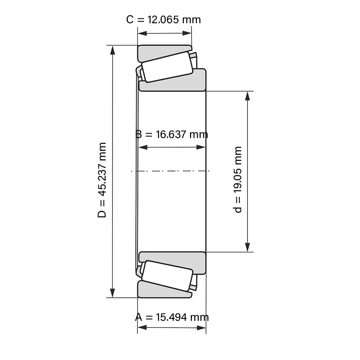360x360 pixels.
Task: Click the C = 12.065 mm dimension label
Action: click(164, 20)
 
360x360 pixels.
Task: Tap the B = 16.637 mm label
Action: click(172, 134)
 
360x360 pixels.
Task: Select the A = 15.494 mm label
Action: click(172, 317)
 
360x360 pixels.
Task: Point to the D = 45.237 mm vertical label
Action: click(102, 180)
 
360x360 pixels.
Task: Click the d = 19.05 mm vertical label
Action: click(238, 180)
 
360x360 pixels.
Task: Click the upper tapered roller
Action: click(167, 66)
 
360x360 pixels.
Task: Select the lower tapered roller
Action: click(167, 276)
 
